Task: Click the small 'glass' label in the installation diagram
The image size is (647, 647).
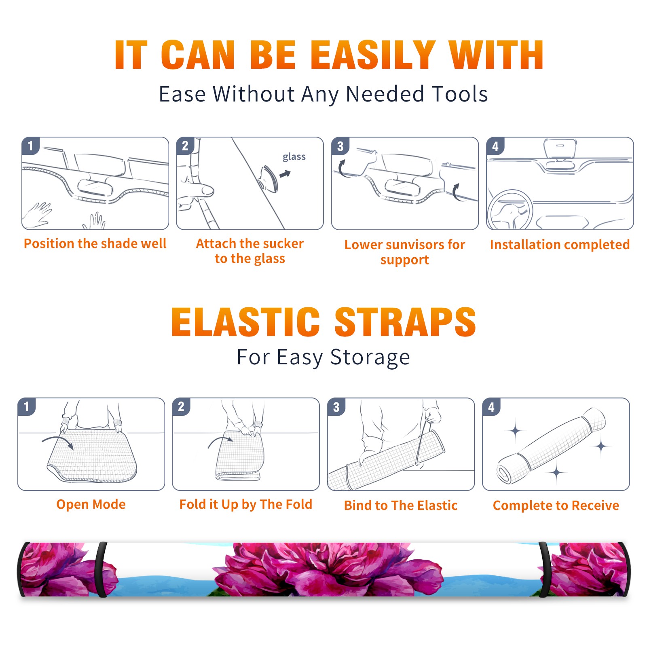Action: click(294, 157)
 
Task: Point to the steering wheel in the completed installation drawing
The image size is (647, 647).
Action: click(510, 210)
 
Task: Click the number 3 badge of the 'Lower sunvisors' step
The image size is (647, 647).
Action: click(340, 146)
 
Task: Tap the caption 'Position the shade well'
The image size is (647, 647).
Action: click(95, 243)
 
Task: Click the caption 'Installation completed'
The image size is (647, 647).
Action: click(560, 244)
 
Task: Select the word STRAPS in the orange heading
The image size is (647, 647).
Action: click(405, 322)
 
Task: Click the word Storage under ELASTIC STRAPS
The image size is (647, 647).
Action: click(370, 357)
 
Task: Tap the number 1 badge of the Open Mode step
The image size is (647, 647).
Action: click(27, 406)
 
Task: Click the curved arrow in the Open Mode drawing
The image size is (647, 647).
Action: click(58, 442)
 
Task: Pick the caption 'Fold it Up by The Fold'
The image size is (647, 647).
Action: click(246, 504)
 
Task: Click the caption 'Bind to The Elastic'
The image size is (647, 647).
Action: click(401, 505)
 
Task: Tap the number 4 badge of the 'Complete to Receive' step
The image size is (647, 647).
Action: click(491, 407)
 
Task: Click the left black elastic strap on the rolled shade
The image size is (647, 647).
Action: click(101, 569)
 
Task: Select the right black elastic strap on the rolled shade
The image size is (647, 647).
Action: click(543, 569)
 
